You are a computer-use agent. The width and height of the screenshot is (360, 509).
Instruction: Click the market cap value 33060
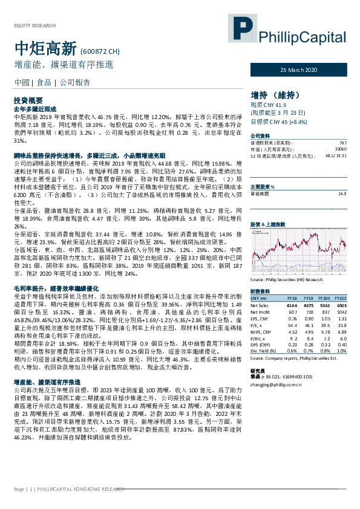[341, 148]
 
